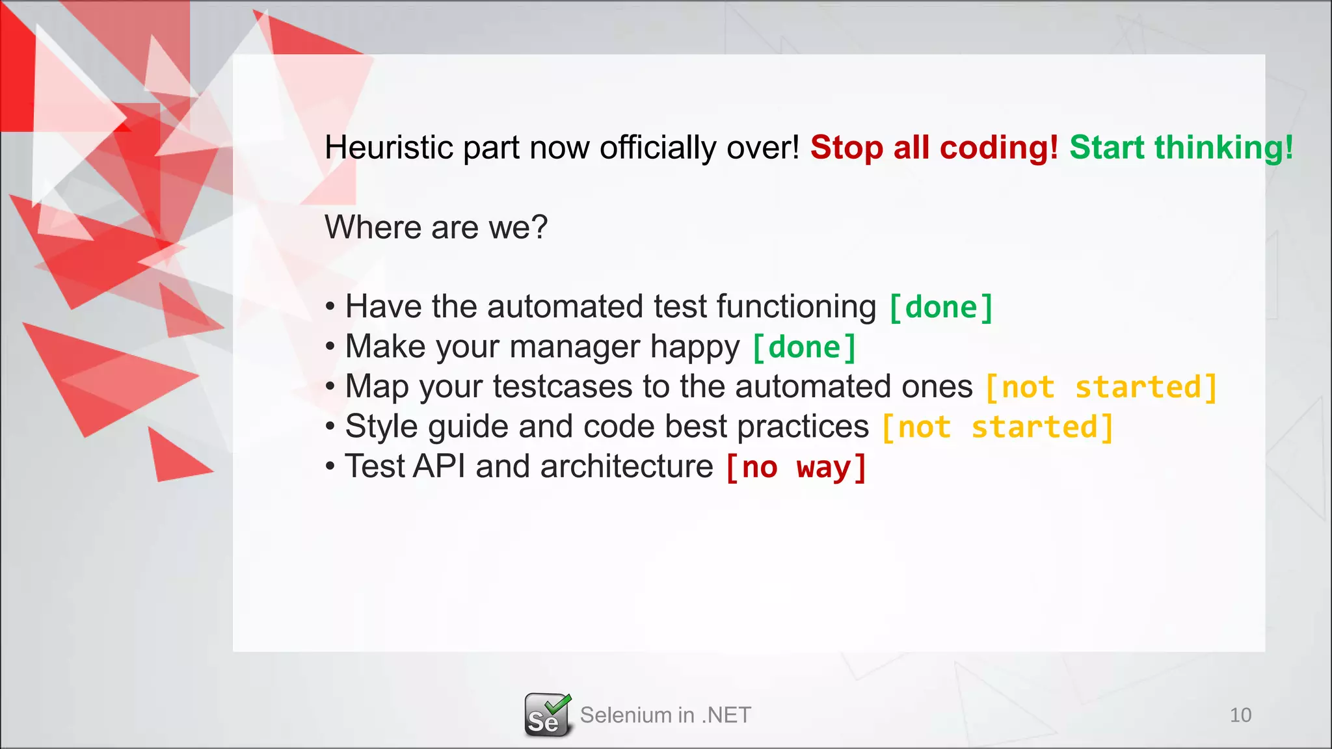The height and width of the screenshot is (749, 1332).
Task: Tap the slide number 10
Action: tap(1240, 715)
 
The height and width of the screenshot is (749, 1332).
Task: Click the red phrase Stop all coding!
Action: tap(934, 148)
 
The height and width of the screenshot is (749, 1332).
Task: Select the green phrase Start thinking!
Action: tap(1181, 148)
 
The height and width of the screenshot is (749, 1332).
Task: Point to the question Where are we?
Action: tap(436, 228)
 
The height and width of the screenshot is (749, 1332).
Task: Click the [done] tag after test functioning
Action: tap(940, 308)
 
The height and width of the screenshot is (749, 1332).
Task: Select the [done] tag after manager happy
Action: tap(804, 347)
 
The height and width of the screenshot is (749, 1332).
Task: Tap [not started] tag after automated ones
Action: tap(1100, 388)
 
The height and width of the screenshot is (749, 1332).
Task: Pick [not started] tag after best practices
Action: tap(997, 428)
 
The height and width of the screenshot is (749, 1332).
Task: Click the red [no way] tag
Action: tap(795, 467)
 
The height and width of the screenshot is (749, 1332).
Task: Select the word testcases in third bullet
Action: tap(562, 388)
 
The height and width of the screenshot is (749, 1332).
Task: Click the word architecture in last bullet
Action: tap(626, 467)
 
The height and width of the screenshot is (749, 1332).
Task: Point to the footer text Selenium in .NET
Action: tap(665, 715)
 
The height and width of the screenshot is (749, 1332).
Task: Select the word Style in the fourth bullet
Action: tap(380, 428)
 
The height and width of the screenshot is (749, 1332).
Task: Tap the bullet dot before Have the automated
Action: tap(330, 308)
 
